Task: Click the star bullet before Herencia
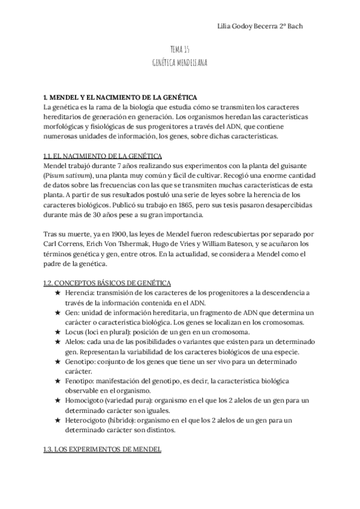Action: (58, 292)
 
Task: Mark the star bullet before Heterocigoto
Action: (58, 420)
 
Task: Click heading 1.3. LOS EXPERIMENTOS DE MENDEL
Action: (99, 450)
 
